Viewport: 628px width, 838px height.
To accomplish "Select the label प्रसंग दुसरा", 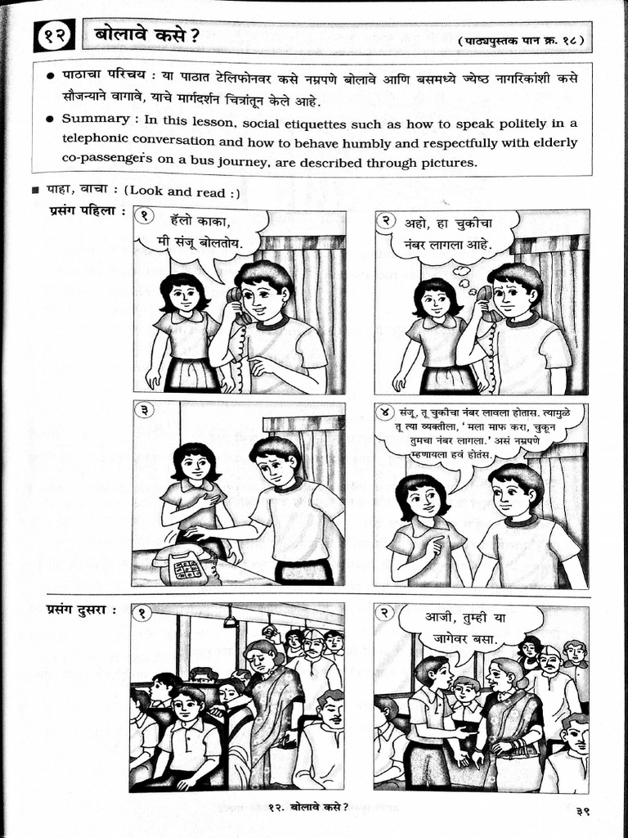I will (x=82, y=610).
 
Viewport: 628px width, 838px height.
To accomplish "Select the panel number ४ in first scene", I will (x=385, y=411).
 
